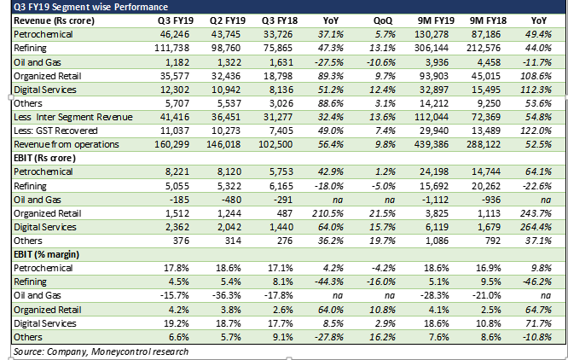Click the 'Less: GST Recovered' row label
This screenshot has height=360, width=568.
[x=55, y=132]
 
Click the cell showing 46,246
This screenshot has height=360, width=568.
[x=163, y=32]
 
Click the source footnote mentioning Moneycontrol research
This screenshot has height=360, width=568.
[x=100, y=351]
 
